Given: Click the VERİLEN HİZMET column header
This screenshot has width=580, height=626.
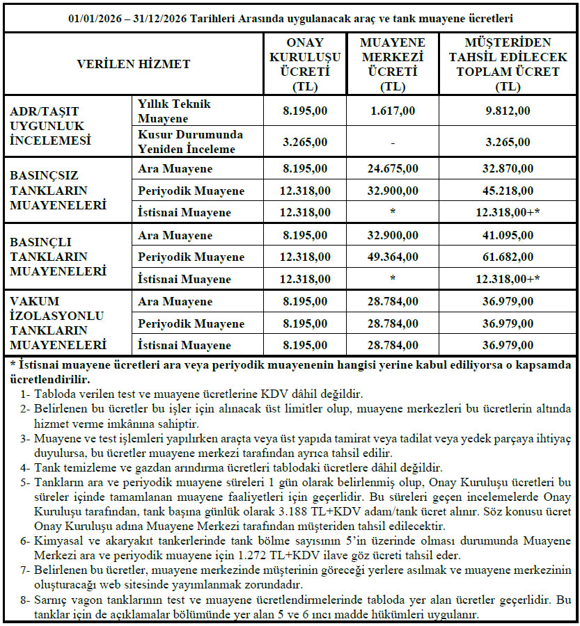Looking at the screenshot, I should pos(133,64).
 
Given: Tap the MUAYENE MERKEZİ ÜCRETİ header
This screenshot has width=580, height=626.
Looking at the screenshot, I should pos(393,64).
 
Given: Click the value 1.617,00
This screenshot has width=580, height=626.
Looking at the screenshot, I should pos(393,111).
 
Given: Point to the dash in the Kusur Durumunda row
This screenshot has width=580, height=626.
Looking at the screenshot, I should pos(393,142).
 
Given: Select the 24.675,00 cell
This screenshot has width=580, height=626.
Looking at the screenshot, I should pos(393,169).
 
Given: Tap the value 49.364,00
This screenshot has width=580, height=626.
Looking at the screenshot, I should pos(393,257).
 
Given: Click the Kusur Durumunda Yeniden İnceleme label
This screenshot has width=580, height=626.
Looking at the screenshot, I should pos(189,142).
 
